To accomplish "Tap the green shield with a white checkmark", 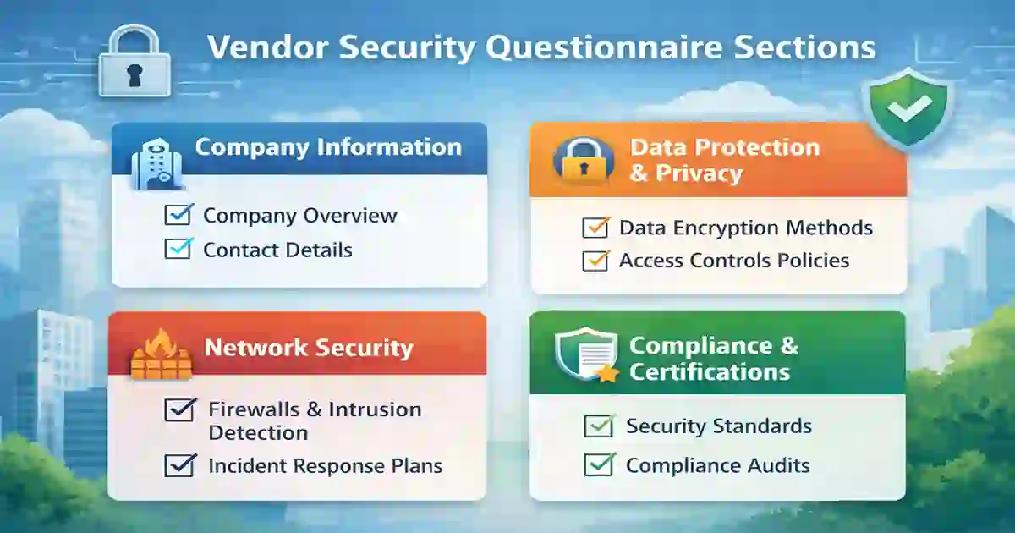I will coord(908,108).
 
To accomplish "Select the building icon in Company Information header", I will coord(152,162).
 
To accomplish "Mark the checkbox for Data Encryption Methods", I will coord(596,228).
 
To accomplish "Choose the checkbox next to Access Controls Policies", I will coord(596,261).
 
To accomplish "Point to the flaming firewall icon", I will coord(159,354).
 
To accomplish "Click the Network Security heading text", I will coord(309,348).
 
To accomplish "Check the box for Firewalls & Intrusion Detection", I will coord(178,410).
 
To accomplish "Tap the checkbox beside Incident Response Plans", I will coord(178,464).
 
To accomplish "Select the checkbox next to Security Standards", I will coord(600,426).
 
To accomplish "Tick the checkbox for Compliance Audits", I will coord(600,464).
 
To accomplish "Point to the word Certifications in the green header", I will coord(710,371).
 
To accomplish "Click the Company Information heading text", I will coord(328,146).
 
